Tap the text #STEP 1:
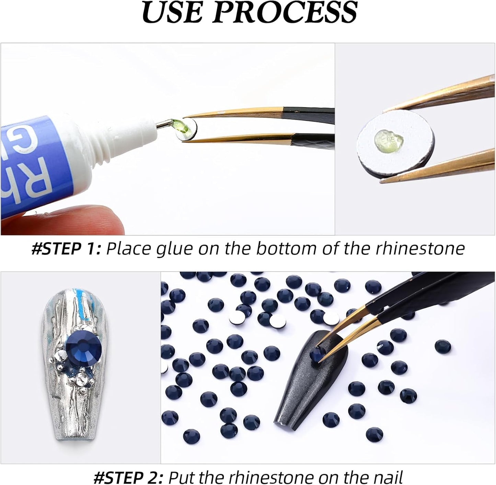click(66, 248)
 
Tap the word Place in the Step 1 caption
click(127, 248)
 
